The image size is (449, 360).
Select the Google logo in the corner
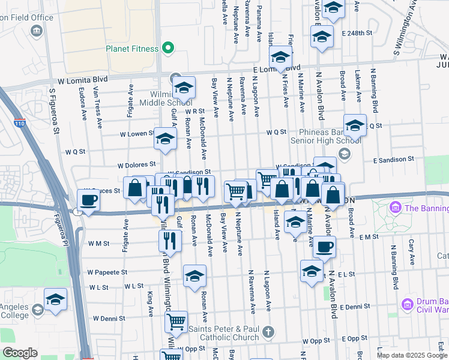20,353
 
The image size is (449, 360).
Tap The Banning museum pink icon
395,208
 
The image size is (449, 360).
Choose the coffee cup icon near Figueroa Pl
89,200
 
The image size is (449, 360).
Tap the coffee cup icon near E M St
325,246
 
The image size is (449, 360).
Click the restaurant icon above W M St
170,241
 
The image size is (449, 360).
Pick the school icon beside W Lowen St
165,139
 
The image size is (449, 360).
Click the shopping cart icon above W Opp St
176,322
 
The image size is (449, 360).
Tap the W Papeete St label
107,272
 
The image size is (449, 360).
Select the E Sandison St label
393,160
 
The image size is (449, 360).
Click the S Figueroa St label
55,112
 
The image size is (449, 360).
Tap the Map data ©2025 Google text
412,355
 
